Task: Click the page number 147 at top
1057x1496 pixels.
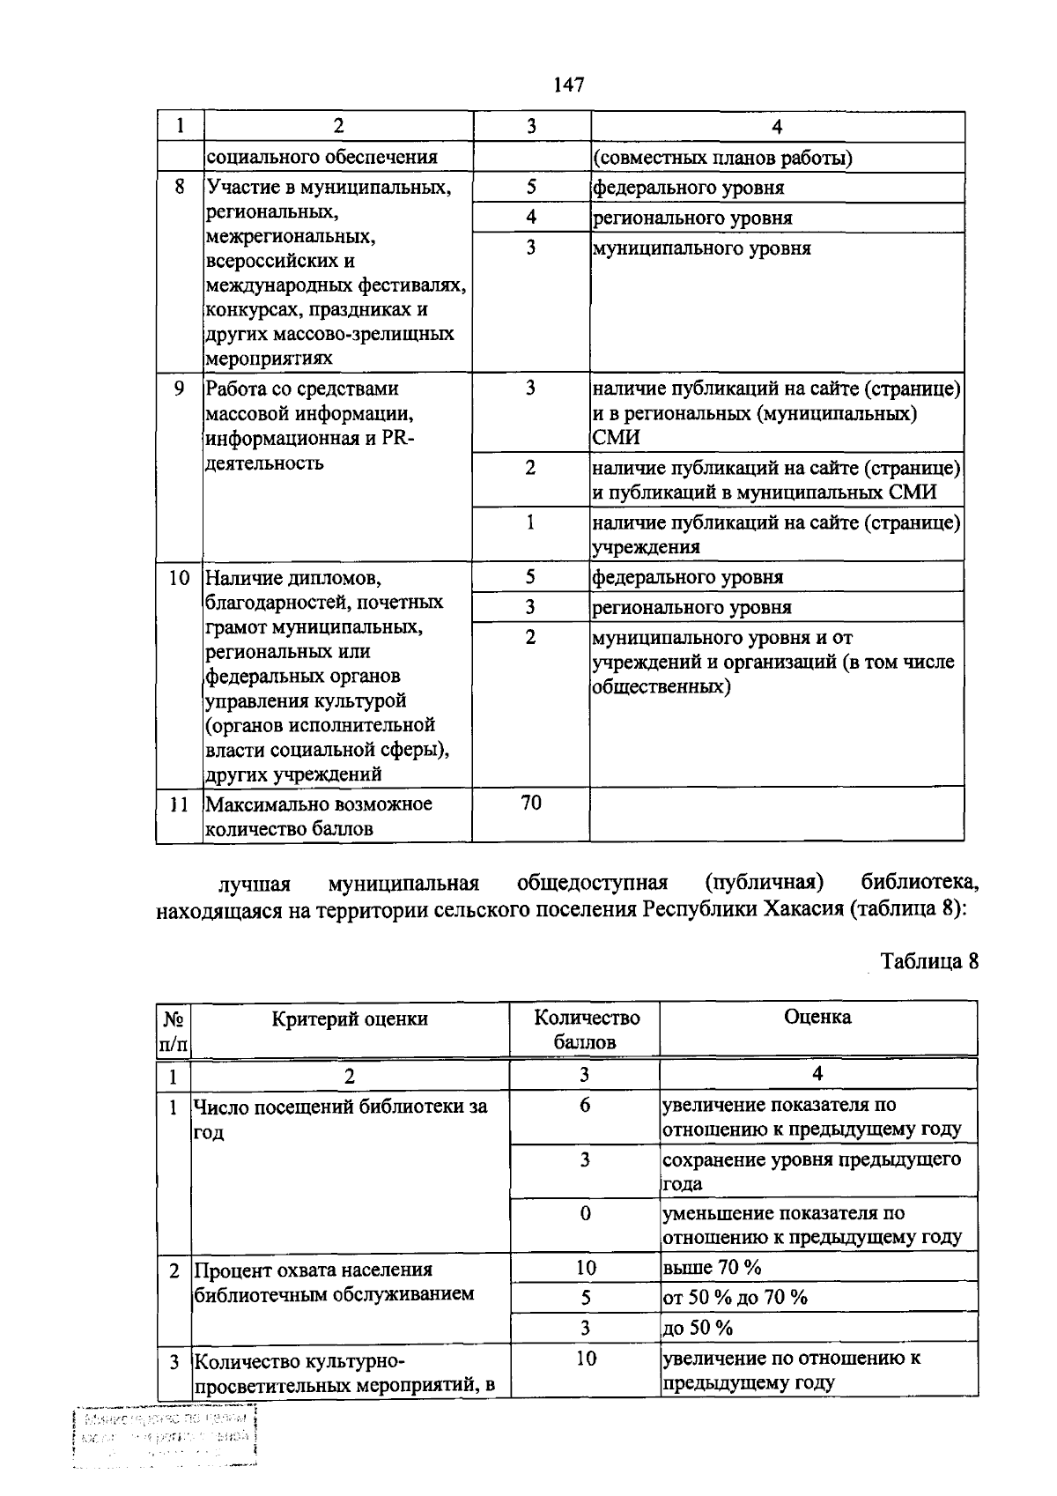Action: click(569, 85)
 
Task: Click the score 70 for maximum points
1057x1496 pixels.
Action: click(530, 803)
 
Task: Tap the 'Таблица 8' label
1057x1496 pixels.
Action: click(929, 960)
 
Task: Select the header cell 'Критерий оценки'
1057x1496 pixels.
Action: click(350, 1019)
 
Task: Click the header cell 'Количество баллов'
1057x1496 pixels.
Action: click(586, 1030)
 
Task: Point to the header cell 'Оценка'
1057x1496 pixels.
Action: click(817, 1018)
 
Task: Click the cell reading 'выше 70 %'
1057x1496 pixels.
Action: click(712, 1268)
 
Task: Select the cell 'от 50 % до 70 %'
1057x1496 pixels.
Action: click(735, 1297)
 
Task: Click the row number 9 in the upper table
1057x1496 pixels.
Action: click(179, 389)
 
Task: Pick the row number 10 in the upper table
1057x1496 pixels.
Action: click(179, 578)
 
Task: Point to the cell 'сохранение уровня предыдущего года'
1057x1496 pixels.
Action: click(810, 1171)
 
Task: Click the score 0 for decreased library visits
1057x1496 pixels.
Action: click(585, 1213)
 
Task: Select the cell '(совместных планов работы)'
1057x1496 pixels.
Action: click(722, 158)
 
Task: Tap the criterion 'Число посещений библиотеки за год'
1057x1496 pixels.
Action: click(339, 1118)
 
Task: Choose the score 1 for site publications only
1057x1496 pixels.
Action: click(530, 522)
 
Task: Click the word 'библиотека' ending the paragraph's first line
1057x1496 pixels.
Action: click(919, 883)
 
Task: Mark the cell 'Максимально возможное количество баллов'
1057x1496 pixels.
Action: click(318, 816)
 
